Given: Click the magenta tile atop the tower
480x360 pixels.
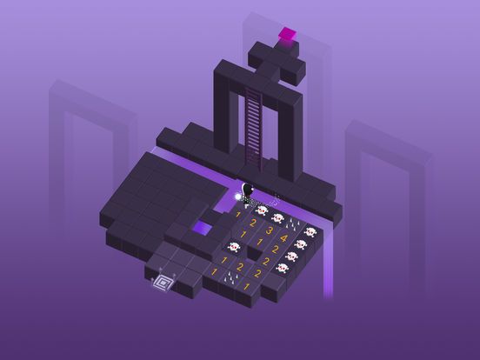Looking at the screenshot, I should point(286,35).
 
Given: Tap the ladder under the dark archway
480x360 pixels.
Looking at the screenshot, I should point(253,121).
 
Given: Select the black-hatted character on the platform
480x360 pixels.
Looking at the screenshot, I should point(248,195).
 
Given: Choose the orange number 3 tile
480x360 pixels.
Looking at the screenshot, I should point(269,230).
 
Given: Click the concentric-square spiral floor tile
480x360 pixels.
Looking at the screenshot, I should point(162,280).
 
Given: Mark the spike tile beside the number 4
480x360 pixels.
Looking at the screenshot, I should point(297,225).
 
